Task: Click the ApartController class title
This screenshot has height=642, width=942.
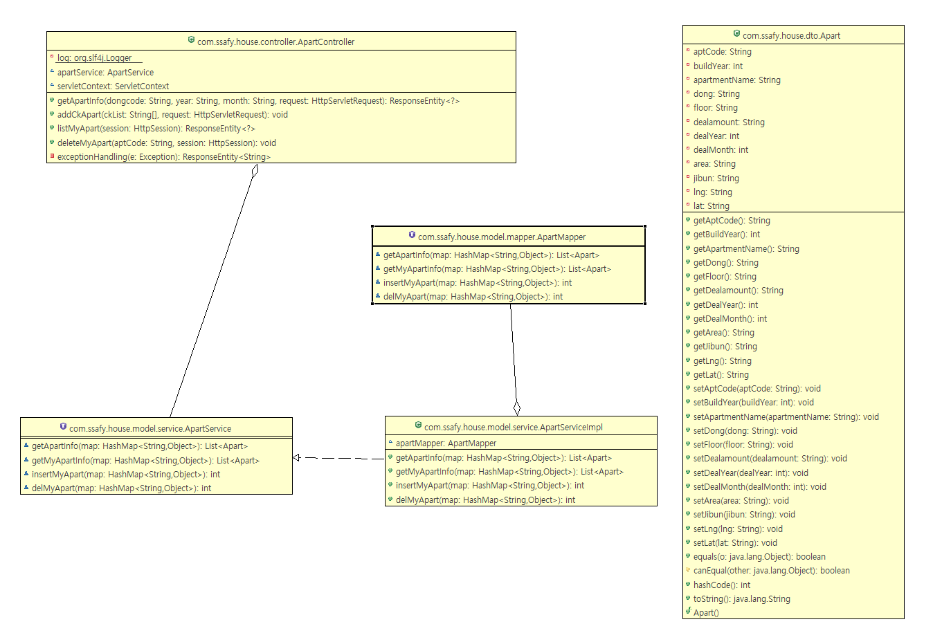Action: coord(275,42)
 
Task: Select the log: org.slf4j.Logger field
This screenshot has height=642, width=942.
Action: coord(95,58)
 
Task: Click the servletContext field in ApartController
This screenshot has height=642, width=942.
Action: coord(113,86)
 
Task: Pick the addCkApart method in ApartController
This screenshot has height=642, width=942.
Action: coord(172,115)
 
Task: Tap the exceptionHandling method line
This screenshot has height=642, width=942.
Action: coord(164,157)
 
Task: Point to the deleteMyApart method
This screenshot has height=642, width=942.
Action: coord(167,143)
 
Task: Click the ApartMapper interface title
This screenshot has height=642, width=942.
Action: coord(502,237)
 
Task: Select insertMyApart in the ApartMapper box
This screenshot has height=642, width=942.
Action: coord(478,283)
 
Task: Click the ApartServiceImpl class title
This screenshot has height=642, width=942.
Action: coord(513,428)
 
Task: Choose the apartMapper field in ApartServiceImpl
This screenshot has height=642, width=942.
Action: coord(446,443)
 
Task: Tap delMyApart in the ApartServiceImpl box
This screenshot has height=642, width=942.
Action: coord(485,500)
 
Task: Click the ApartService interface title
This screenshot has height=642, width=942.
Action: coord(150,429)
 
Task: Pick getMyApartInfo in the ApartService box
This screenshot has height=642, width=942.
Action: coord(145,461)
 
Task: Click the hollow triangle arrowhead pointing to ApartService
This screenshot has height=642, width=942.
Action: coord(296,458)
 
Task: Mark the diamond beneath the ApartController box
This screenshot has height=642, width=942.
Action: coord(255,171)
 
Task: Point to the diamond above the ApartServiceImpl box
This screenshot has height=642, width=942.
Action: coord(517,408)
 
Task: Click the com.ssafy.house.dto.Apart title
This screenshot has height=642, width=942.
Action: coord(791,35)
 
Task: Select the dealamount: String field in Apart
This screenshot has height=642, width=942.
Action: coord(729,122)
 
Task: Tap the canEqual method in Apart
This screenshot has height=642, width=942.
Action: coord(771,571)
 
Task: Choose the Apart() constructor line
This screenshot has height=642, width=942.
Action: coord(706,613)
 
